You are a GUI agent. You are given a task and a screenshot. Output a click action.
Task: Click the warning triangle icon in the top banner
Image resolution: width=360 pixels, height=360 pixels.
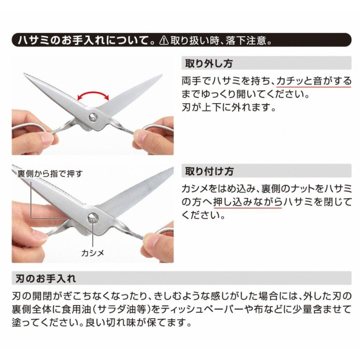164,40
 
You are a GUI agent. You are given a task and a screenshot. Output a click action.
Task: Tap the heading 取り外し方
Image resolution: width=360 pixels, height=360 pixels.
209,64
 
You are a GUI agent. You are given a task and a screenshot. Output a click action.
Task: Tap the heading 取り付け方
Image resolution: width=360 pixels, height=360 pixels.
209,171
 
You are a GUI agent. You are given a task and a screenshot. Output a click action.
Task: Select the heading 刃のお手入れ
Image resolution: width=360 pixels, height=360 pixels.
46,278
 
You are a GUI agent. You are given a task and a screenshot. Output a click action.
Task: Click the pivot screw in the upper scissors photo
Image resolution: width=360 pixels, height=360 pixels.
93,116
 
